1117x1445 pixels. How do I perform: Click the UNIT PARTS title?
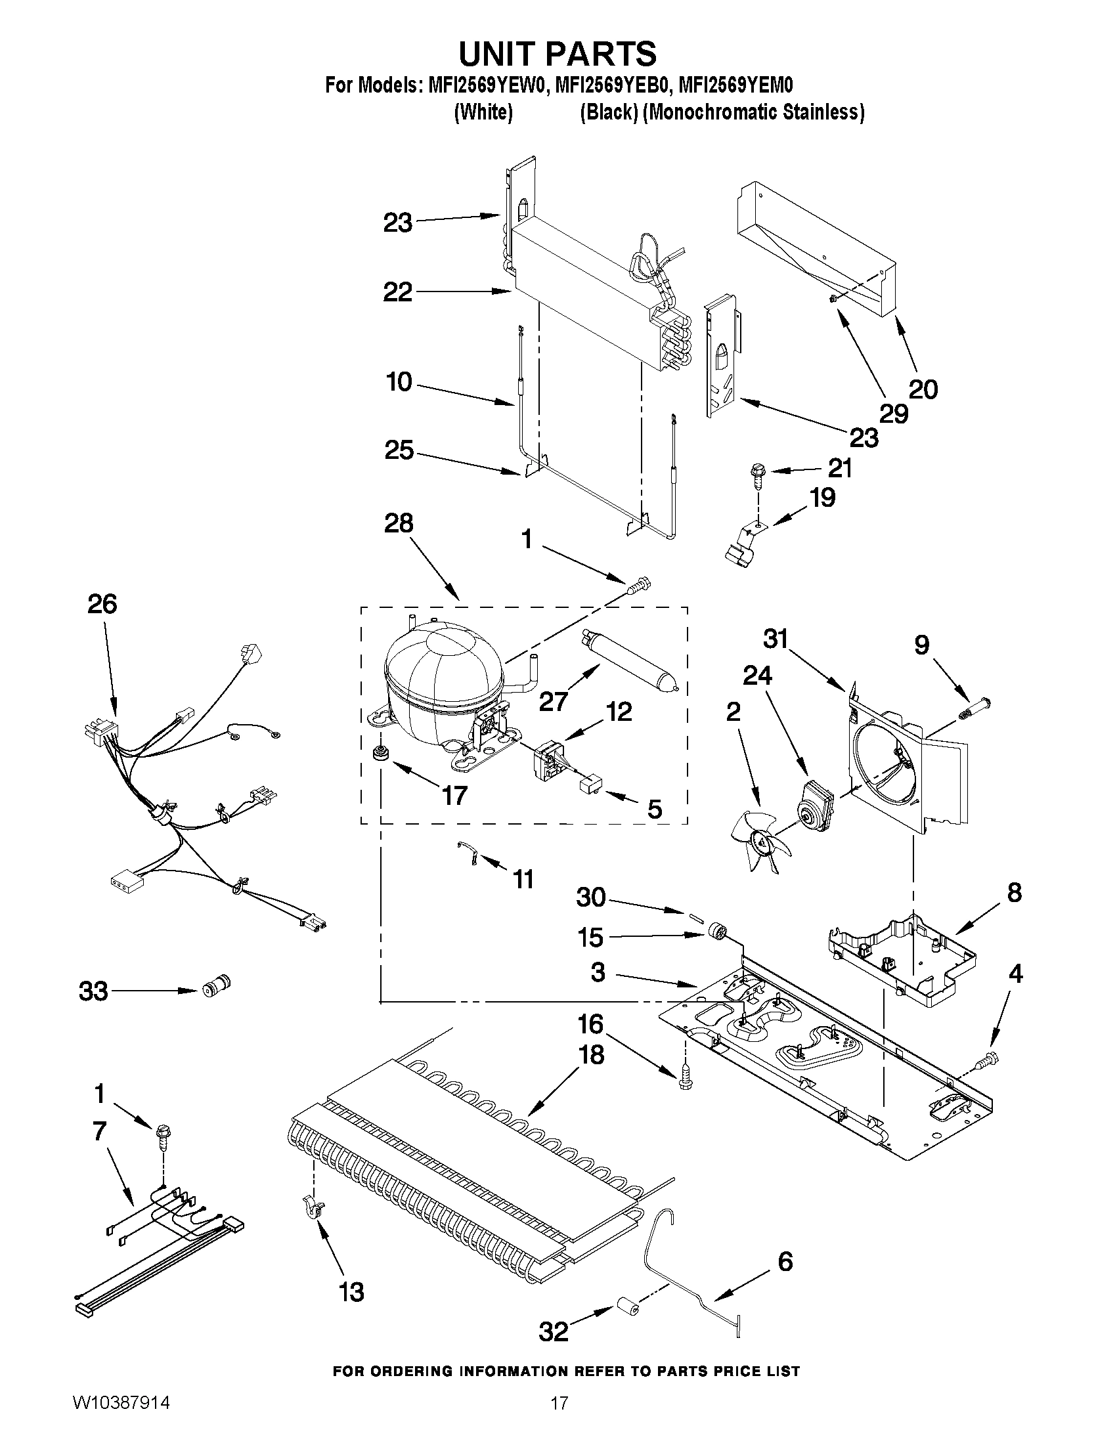tap(558, 53)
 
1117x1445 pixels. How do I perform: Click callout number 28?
tap(399, 524)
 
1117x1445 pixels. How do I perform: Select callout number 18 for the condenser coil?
tap(591, 1054)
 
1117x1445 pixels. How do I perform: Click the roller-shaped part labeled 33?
tap(216, 990)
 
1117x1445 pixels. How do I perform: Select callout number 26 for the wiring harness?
tap(102, 604)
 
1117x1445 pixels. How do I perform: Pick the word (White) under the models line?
tap(483, 112)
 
